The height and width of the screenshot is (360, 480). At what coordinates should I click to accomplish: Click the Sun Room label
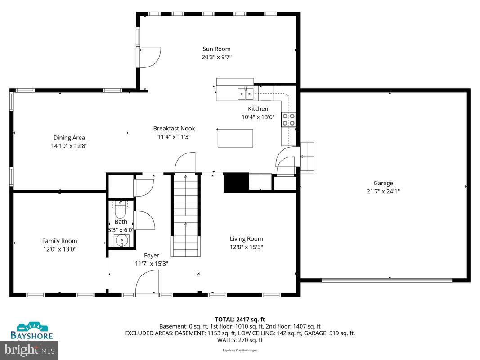coord(216,49)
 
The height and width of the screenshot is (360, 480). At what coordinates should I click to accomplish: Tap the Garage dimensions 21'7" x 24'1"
coord(383,191)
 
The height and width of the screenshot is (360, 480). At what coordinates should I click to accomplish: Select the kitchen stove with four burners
coord(288,119)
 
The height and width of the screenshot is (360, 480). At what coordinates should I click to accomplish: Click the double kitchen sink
coord(245,94)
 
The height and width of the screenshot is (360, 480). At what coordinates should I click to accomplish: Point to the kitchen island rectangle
coord(235,138)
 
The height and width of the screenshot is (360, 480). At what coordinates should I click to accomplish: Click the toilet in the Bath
coord(120,210)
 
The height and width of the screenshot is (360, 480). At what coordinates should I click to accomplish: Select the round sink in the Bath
coord(121,241)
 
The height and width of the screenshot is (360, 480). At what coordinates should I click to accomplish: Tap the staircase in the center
coord(185,214)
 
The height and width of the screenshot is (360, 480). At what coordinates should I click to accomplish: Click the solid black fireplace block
coord(236,182)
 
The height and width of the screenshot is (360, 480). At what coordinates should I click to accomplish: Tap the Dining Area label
coord(69,138)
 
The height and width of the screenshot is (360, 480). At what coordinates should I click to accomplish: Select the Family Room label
coord(59,241)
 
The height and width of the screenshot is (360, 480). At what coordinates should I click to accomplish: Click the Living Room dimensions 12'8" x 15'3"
coord(246,247)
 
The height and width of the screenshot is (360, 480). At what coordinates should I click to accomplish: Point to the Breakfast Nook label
coord(174,128)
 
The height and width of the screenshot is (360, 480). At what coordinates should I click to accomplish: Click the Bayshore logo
coord(31,331)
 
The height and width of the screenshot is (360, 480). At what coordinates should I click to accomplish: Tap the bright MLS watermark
coord(30,349)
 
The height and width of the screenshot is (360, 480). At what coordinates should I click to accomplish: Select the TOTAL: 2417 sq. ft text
coord(240,319)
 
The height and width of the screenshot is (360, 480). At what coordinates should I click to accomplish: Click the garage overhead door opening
coord(387,280)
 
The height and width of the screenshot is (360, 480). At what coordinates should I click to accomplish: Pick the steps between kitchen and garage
coord(307,157)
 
